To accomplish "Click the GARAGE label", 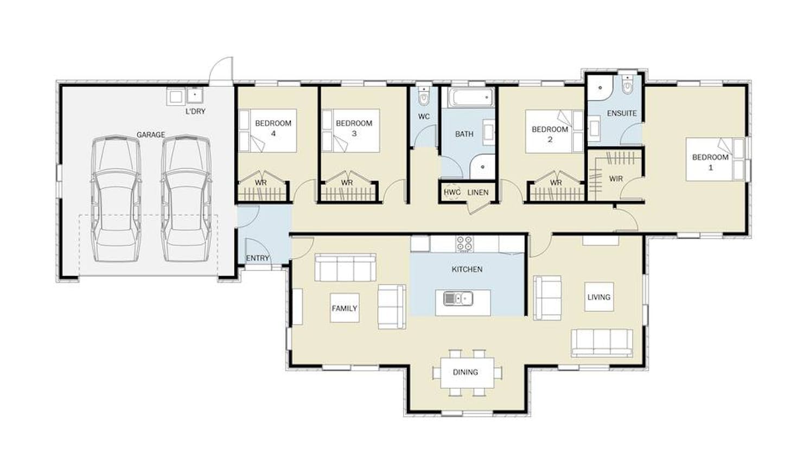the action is coord(151,134).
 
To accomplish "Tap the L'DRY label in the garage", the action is coord(195,111).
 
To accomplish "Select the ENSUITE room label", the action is coord(622,113).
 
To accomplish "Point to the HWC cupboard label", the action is coord(451,193).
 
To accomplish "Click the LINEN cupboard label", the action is coord(478,193).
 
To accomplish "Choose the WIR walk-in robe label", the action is coord(616,178).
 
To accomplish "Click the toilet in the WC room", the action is coord(424,96).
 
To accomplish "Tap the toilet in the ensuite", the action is coord(627,85).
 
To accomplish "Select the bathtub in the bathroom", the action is coord(471,98).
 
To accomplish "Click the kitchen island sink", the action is coord(458,298).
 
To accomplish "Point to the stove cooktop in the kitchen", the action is coord(464,244).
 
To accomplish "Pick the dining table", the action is coord(467,373).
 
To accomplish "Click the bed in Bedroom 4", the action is coord(267,131).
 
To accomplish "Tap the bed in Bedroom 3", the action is coord(350,131).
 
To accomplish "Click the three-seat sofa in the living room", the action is coord(602,343).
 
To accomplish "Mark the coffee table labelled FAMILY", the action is coord(345,308).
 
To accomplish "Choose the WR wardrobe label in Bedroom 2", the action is coord(556,183).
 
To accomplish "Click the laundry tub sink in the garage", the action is coord(195,96).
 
